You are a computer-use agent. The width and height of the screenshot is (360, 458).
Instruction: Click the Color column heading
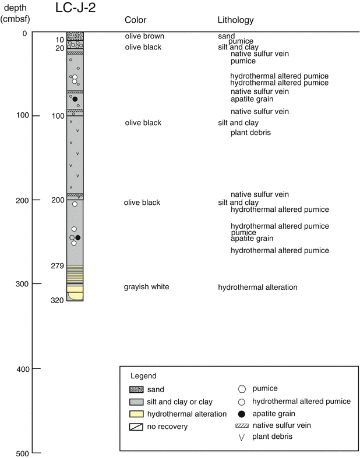136,20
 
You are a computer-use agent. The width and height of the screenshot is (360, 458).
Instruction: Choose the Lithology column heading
235,20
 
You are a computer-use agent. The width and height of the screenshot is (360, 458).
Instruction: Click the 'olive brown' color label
144,36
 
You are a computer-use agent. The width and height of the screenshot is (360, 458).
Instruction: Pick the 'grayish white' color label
146,287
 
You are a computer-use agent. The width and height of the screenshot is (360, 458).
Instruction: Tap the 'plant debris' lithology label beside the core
250,133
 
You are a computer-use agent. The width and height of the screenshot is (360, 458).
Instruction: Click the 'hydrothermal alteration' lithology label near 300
257,287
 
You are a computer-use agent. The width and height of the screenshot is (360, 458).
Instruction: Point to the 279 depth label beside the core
57,266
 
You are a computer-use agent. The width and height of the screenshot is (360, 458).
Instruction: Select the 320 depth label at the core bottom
57,301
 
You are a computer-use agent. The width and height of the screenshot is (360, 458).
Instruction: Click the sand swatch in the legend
136,390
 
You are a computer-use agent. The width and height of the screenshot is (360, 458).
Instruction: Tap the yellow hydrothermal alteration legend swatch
136,414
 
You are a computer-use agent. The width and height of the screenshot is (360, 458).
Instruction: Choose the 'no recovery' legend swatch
136,427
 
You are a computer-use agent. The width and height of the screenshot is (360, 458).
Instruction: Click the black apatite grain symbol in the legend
242,414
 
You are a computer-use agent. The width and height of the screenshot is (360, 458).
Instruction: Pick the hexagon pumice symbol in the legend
242,389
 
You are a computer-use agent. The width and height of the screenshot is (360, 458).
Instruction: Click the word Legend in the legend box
143,376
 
